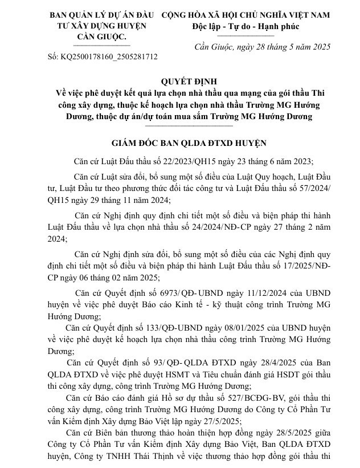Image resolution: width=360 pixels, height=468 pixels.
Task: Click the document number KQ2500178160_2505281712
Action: [x=110, y=57]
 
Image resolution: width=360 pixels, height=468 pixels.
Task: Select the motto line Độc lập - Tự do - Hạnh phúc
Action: [x=246, y=26]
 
